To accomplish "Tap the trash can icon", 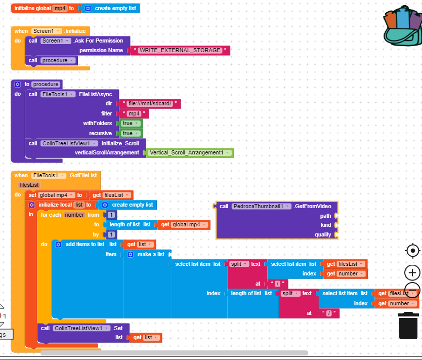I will [x=408, y=326].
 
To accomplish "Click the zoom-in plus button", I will [x=412, y=272].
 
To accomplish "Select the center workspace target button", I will [x=412, y=251].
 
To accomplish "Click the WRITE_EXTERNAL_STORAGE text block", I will [x=180, y=51].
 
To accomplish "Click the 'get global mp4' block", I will [x=184, y=225].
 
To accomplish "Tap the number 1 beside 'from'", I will [x=111, y=215].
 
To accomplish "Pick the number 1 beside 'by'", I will [x=111, y=234].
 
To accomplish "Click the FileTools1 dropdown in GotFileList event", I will [x=49, y=176].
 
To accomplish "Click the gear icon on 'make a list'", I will [x=131, y=254].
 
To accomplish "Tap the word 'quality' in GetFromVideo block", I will [x=322, y=234].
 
